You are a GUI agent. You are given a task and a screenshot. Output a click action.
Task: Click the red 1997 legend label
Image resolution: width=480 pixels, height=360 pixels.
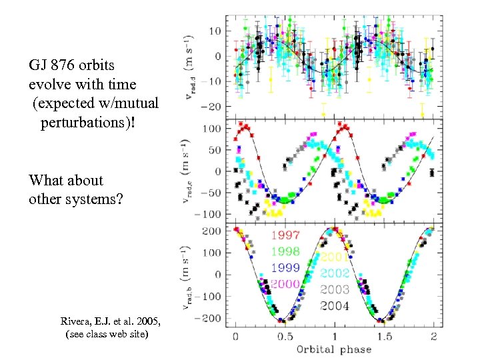(x=285, y=235)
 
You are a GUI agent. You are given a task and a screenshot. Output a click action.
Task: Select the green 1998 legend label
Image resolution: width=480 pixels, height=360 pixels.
(x=285, y=251)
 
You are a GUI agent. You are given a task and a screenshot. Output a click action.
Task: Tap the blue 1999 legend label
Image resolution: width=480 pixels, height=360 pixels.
(x=285, y=267)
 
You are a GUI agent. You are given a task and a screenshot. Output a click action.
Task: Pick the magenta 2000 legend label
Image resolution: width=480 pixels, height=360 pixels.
(x=285, y=283)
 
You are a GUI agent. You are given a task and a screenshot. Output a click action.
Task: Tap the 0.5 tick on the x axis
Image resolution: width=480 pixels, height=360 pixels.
(x=285, y=336)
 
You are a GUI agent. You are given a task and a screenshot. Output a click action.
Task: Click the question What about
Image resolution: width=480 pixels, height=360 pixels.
(x=66, y=180)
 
